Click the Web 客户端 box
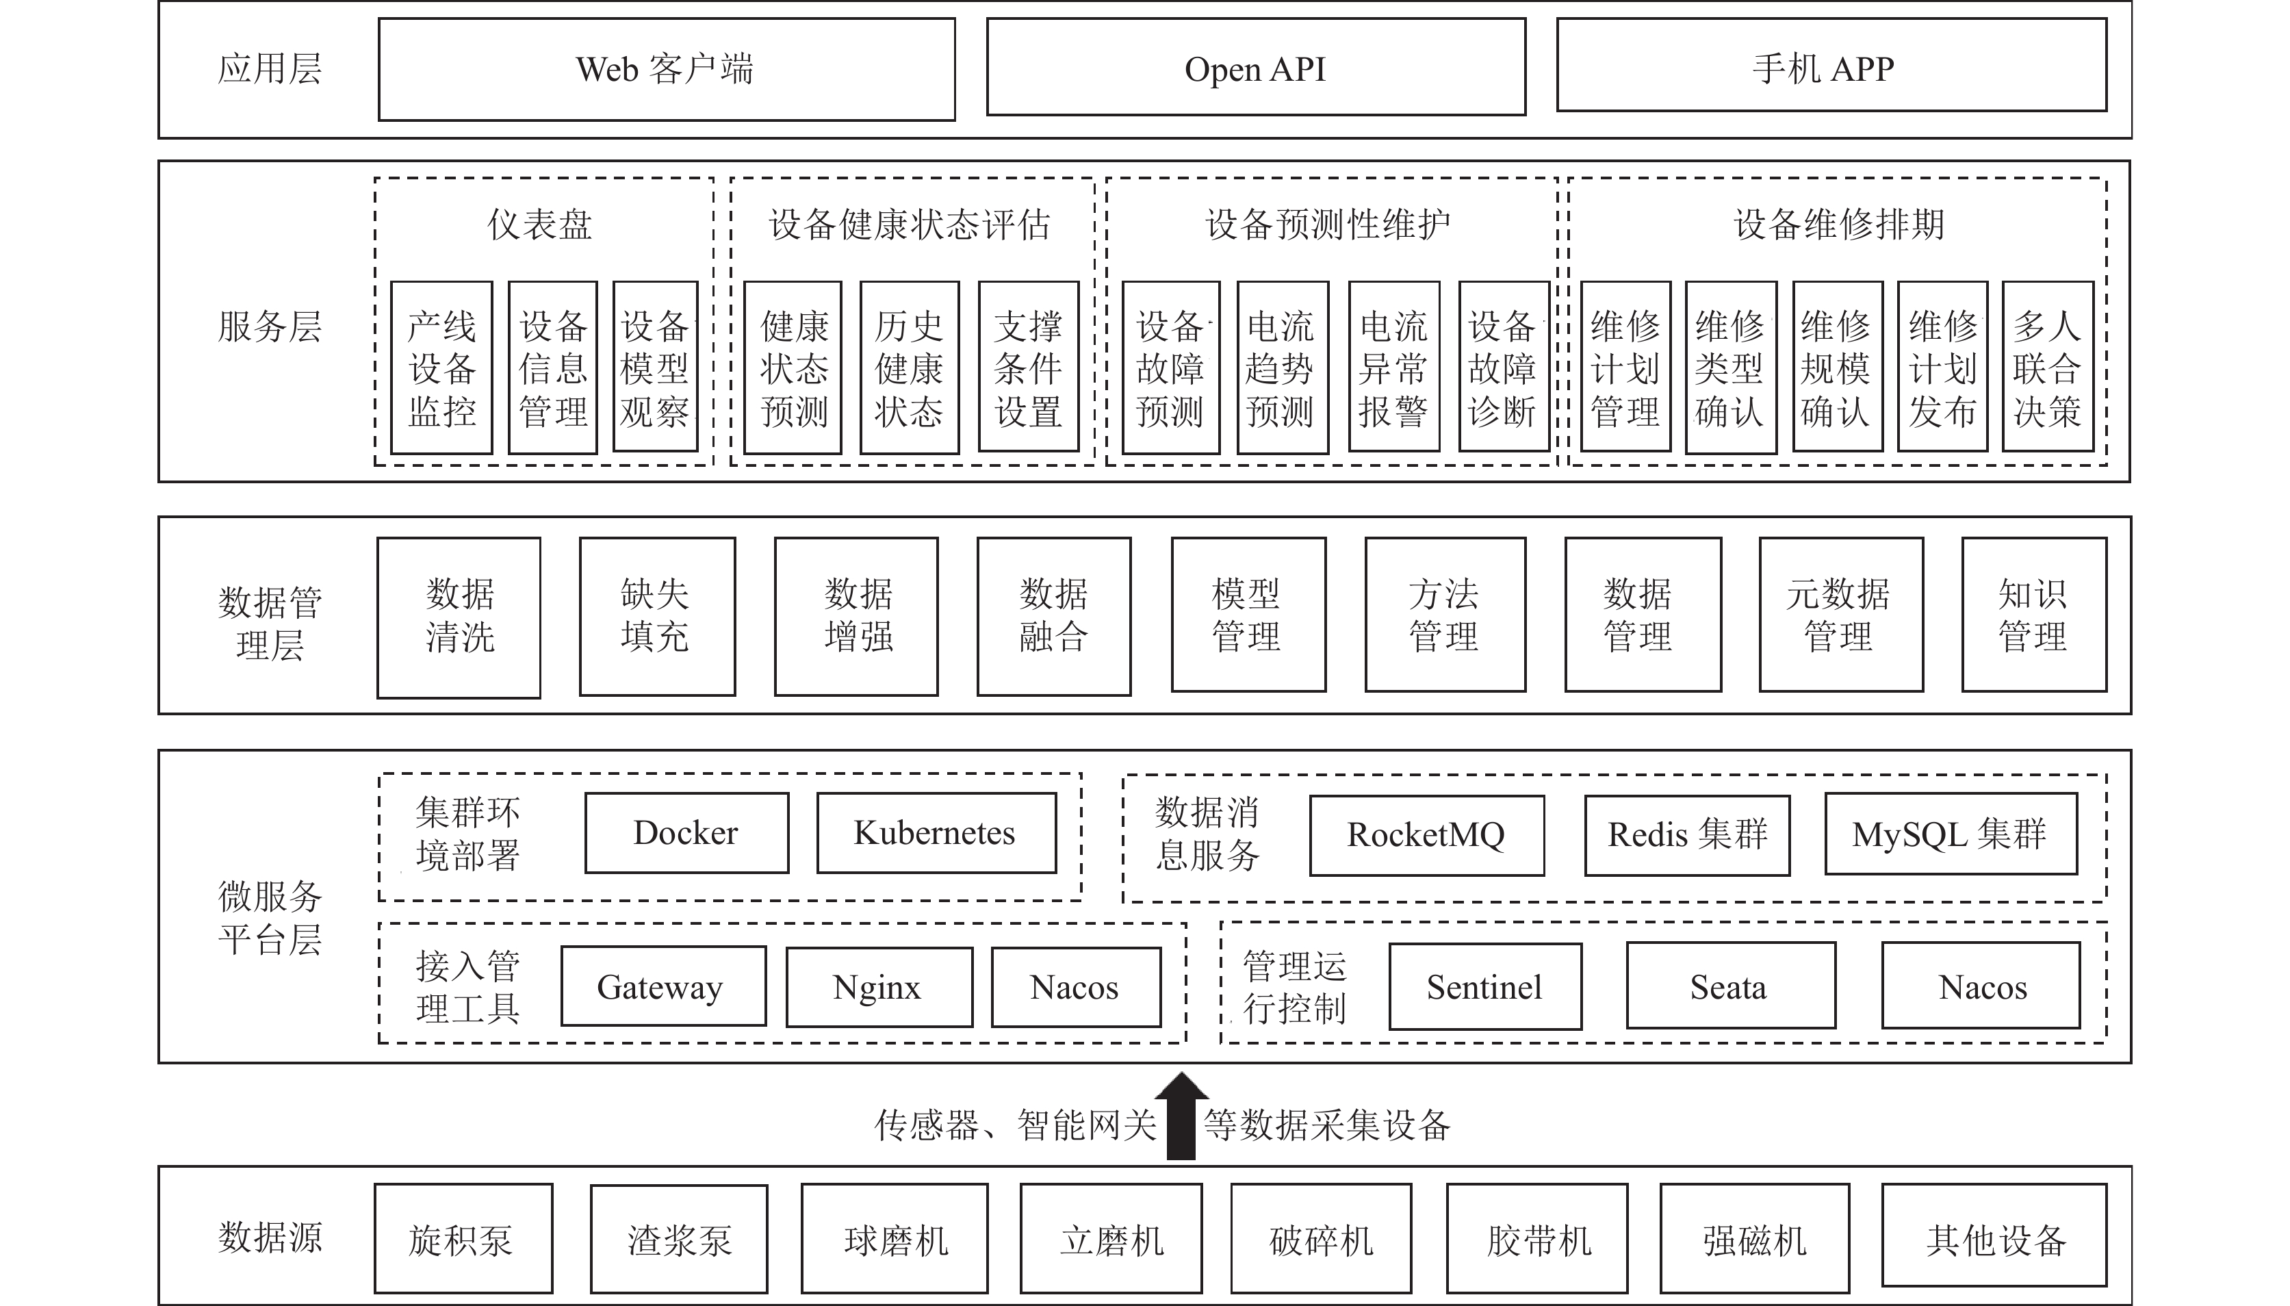pos(666,69)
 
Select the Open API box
pos(1255,67)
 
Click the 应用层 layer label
pos(270,69)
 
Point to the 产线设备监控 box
pos(441,367)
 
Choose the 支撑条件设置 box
pos(1029,367)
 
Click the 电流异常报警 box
pos(1393,367)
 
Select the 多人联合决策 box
pos(2047,367)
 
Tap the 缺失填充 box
pos(657,616)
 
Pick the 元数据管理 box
pos(1841,615)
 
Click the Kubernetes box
pos(936,832)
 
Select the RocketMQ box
pos(1426,835)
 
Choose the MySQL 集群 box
pos(1951,833)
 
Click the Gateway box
pos(663,986)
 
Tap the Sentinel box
pos(1485,986)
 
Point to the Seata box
pos(1730,985)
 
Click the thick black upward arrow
pos(1181,1116)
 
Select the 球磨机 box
pos(895,1239)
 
